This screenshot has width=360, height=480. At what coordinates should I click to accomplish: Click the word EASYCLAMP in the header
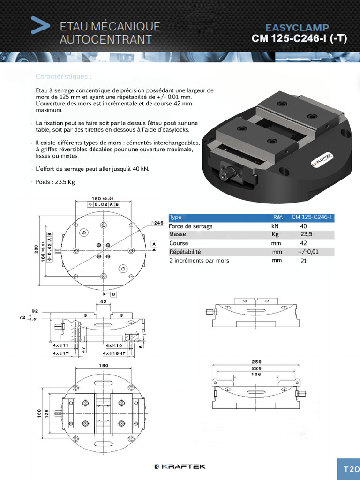point(297,28)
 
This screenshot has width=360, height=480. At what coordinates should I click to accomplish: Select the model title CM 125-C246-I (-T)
point(299,39)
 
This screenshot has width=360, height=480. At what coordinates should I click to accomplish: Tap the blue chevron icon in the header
point(40,25)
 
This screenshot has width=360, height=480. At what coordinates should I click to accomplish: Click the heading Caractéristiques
point(64,76)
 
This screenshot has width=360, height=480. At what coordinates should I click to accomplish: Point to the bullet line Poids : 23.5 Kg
point(55,182)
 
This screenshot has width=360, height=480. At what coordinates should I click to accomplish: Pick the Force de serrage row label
point(190,226)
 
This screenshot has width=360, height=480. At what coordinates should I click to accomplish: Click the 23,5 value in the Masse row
point(306,234)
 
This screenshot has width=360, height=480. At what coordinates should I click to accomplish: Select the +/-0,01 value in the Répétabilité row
point(308,252)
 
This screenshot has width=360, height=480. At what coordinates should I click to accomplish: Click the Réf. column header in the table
point(278,217)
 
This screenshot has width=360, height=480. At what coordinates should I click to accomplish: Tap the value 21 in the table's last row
point(303,261)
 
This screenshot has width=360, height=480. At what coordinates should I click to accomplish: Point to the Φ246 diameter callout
point(157,223)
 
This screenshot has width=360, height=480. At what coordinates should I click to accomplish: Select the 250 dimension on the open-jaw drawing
point(256,362)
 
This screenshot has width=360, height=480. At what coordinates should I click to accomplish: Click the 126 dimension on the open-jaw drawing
point(256,374)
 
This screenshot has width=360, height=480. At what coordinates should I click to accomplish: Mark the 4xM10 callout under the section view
point(112,345)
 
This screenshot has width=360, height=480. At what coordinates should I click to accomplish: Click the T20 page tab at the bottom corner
point(351,469)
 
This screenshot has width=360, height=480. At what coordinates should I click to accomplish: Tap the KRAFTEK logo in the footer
point(180,466)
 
